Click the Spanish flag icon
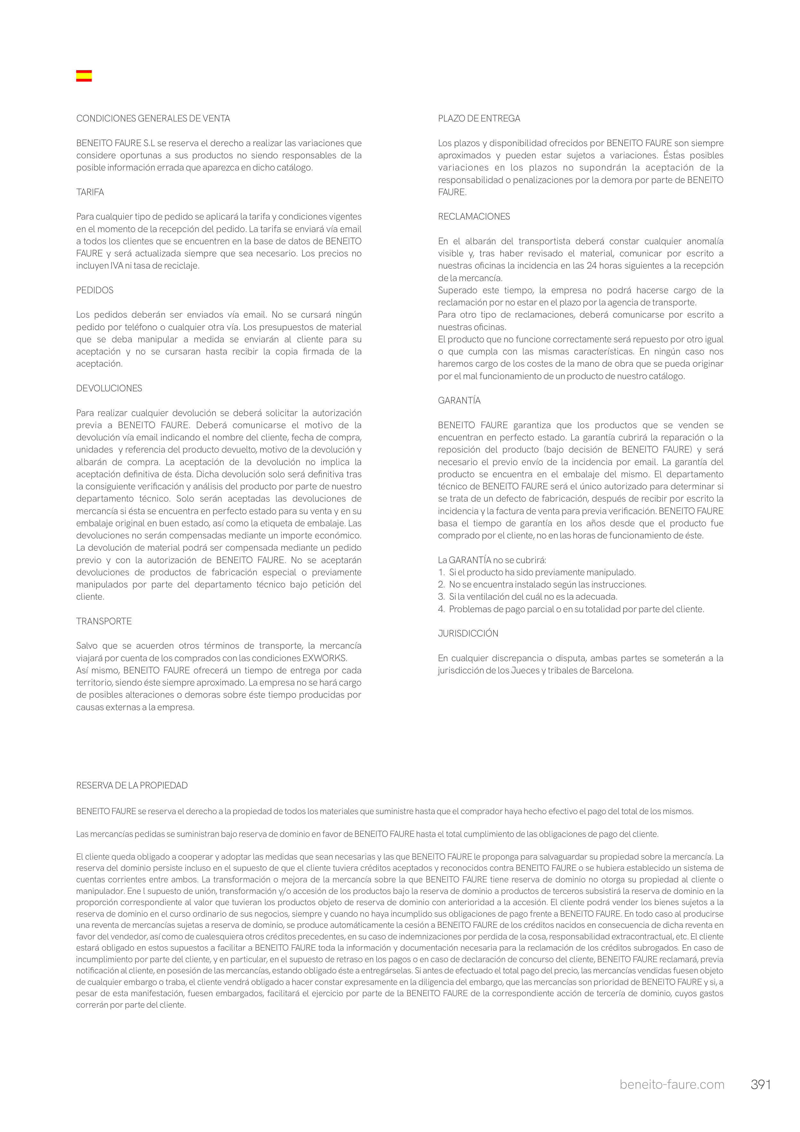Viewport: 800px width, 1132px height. click(x=84, y=76)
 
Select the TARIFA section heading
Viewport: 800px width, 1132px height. click(x=90, y=192)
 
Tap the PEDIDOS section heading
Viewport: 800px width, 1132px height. click(x=95, y=290)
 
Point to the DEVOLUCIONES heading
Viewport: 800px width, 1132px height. click(x=109, y=388)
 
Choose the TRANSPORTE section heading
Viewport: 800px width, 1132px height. click(x=103, y=621)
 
